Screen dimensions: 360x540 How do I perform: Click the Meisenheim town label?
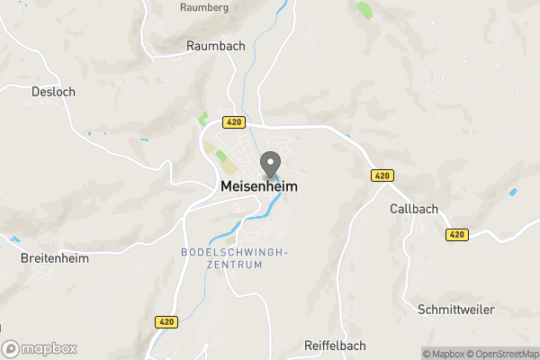coord(258,187)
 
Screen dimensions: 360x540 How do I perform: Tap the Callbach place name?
coord(414,209)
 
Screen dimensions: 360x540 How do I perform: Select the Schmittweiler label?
coord(456,309)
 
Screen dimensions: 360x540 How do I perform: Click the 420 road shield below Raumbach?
coord(233,121)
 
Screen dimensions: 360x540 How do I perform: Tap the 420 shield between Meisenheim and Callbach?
coord(379,176)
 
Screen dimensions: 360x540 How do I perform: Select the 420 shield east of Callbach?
coord(457,235)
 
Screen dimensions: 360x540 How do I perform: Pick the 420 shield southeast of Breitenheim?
coord(166,321)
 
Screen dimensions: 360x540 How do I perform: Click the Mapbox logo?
coord(40,348)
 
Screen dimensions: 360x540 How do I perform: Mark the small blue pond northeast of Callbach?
coord(513,192)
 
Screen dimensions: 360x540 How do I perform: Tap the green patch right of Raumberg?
coord(364,10)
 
